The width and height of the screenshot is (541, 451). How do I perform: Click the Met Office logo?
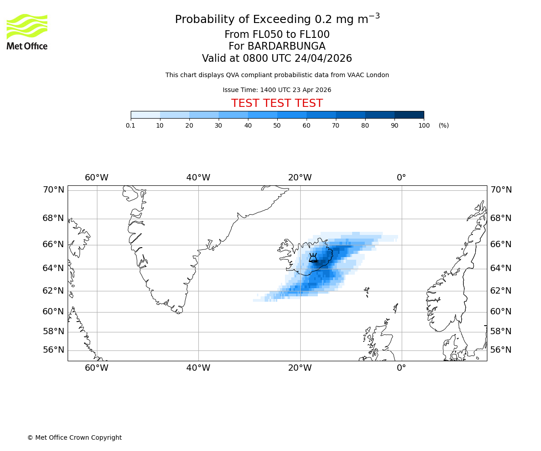pyautogui.click(x=27, y=32)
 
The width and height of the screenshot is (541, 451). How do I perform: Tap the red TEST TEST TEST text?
pyautogui.click(x=277, y=103)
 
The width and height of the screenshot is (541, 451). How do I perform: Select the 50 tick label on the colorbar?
pyautogui.click(x=277, y=125)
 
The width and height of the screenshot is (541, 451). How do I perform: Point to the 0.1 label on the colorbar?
pyautogui.click(x=130, y=125)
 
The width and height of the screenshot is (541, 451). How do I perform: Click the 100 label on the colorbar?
pyautogui.click(x=424, y=125)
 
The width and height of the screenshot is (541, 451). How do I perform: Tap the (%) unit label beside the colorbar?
pyautogui.click(x=444, y=125)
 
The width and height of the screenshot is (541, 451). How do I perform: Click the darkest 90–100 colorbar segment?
pyautogui.click(x=409, y=115)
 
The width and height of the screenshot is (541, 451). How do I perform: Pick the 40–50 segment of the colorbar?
pyautogui.click(x=262, y=115)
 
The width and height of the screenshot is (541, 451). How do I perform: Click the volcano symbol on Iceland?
pyautogui.click(x=313, y=258)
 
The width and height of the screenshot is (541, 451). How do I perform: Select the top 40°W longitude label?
pyautogui.click(x=198, y=178)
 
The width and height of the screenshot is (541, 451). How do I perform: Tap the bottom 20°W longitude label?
pyautogui.click(x=300, y=368)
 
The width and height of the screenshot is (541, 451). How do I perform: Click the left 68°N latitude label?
pyautogui.click(x=53, y=218)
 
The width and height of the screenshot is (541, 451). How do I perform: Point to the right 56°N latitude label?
pyautogui.click(x=501, y=350)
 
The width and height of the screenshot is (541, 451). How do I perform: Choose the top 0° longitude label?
pyautogui.click(x=401, y=178)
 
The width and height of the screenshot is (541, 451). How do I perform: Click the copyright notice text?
pyautogui.click(x=74, y=437)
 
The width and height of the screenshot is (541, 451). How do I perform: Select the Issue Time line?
pyautogui.click(x=277, y=90)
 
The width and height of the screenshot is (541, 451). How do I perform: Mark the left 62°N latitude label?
pyautogui.click(x=53, y=290)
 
